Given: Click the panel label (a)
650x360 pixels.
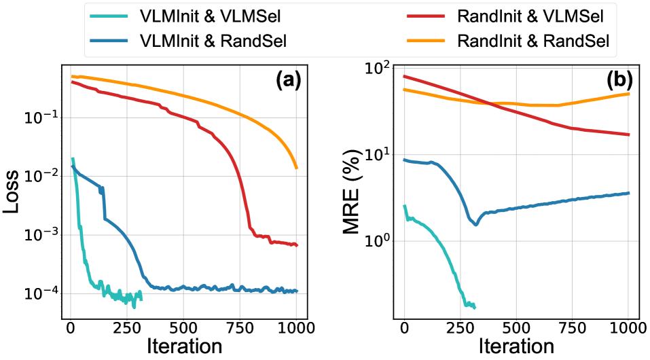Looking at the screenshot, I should click(x=288, y=82).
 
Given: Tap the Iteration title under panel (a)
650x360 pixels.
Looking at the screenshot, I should click(x=183, y=346).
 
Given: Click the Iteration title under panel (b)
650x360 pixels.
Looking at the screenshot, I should click(x=516, y=346).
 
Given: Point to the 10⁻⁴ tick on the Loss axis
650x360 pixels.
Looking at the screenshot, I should click(x=43, y=293).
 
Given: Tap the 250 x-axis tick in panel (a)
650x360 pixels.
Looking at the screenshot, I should click(x=126, y=327).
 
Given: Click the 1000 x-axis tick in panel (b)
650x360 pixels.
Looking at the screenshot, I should click(x=629, y=327).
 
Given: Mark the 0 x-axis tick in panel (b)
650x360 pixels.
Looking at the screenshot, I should click(x=405, y=327).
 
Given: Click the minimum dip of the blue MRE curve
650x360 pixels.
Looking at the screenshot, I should click(x=476, y=224).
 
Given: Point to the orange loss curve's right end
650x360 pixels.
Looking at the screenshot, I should click(x=297, y=168).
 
